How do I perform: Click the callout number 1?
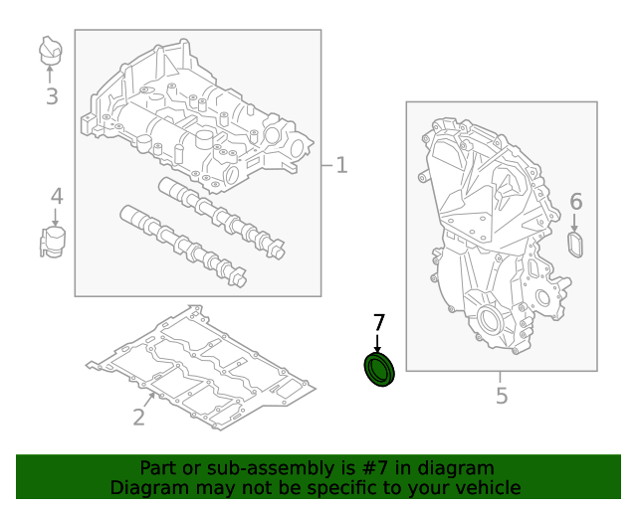point(341,165)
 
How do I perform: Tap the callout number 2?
point(139,417)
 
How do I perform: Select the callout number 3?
point(52,96)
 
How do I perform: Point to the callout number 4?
point(57,196)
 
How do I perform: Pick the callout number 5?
point(502,396)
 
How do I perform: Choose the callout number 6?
point(576,202)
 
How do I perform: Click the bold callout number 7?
point(378,323)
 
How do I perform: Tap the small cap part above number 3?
point(51,51)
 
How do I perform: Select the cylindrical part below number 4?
point(53,243)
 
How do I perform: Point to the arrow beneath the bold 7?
point(378,343)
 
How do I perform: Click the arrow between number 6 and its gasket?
point(574,223)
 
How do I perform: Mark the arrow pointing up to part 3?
point(50,74)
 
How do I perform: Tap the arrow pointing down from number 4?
point(56,217)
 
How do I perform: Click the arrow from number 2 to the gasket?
point(149,401)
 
